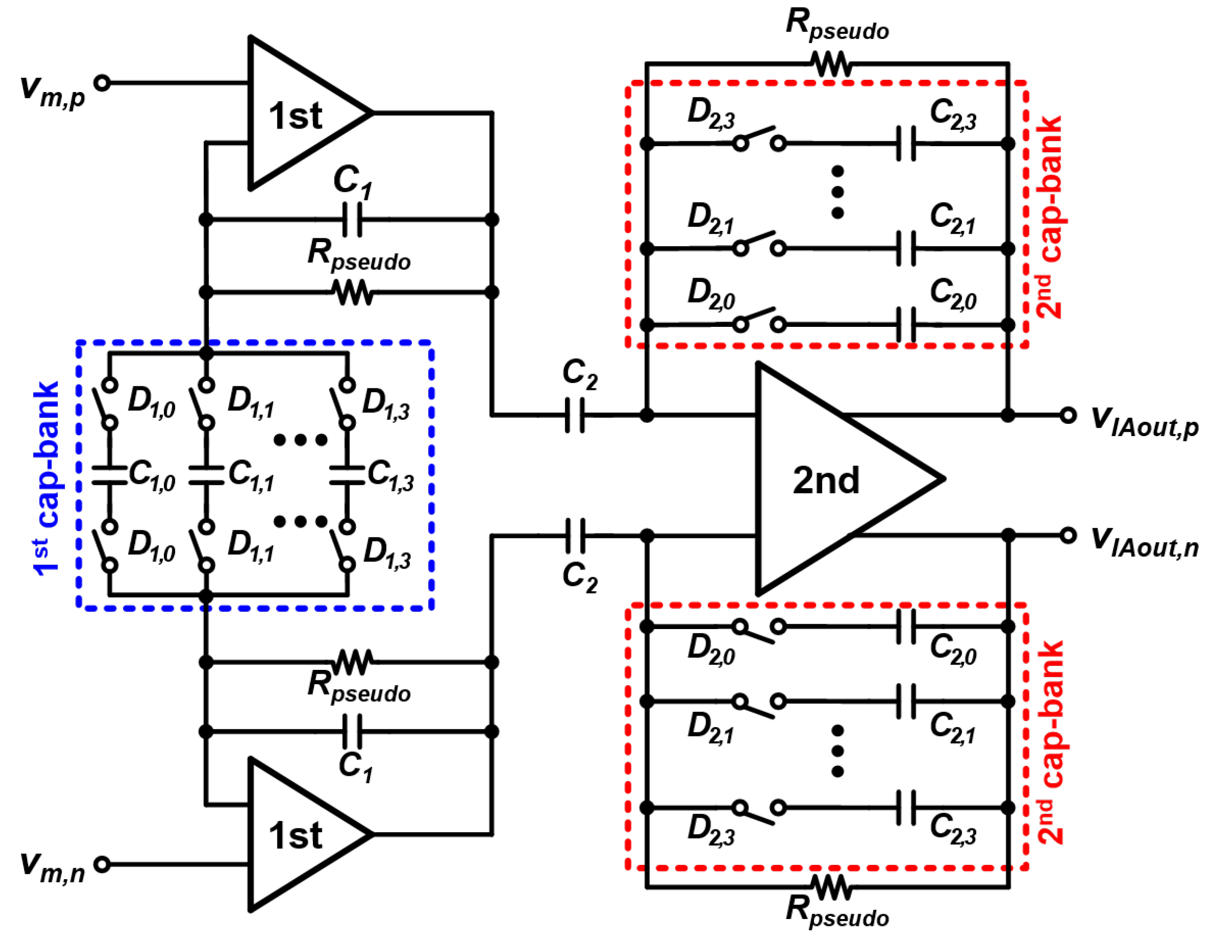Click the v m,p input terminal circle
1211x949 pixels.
point(102,83)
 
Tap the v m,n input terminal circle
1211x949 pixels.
point(102,864)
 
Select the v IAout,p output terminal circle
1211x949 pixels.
point(1068,415)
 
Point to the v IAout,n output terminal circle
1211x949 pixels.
point(1068,535)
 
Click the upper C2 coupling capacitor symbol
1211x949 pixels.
point(574,415)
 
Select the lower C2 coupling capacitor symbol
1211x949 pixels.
point(574,536)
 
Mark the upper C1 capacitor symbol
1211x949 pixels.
point(352,220)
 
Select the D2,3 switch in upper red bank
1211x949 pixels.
point(759,139)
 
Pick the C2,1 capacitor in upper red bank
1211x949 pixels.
point(906,249)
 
